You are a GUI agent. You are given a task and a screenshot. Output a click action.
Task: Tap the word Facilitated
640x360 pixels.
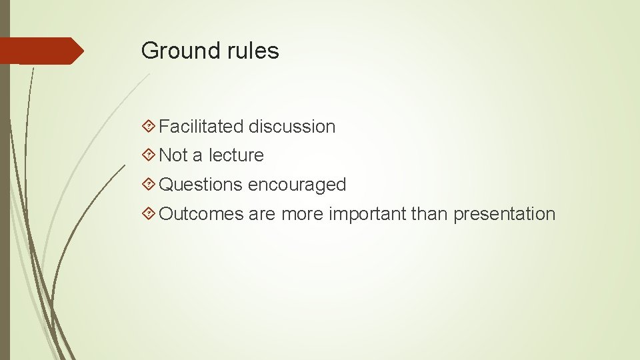[x=201, y=126]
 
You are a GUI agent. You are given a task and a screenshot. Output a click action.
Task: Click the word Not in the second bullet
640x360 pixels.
[x=173, y=155]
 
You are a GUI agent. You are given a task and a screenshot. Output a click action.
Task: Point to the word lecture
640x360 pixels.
[x=236, y=155]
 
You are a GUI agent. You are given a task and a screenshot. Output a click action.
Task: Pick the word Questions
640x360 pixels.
[x=201, y=185]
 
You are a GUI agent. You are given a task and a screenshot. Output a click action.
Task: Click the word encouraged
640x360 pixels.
[x=297, y=185]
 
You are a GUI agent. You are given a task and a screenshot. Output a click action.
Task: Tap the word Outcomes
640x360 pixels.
[x=201, y=214]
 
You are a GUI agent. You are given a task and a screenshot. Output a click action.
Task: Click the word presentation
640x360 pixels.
[x=504, y=214]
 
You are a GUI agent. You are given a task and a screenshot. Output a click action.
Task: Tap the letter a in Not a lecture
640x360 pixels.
[x=197, y=156]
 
